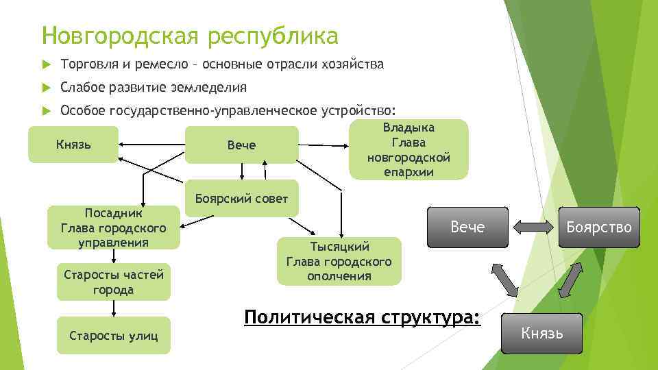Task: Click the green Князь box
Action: pos(73,145)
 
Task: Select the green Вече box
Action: pos(241,145)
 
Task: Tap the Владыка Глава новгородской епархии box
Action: pos(409,149)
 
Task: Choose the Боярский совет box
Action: pos(242,198)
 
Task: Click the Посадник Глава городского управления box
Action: pos(114,227)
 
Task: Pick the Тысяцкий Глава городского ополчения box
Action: pos(339,261)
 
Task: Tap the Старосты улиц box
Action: pos(114,335)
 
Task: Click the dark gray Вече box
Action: pos(468,227)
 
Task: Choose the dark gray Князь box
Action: pos(542,334)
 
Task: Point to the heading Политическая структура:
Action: pos(363,317)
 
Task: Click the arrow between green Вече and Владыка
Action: pos(324,145)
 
